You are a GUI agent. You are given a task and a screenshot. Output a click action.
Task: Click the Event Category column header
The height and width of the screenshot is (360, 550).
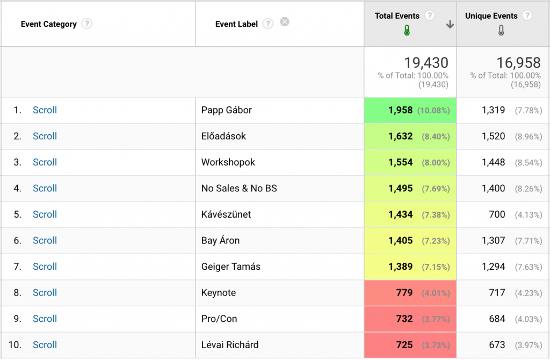pos(48,24)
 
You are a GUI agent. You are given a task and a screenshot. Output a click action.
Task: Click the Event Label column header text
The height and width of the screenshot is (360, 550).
pos(236,24)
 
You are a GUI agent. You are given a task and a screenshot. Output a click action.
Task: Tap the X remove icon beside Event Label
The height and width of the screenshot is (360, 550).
pos(285,22)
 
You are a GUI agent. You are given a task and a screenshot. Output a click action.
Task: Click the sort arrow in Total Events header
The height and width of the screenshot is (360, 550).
pos(450,25)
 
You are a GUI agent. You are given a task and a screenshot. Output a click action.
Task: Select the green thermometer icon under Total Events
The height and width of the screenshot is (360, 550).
pos(407,32)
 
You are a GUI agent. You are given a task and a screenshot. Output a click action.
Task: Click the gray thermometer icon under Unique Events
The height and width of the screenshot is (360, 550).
pos(501,32)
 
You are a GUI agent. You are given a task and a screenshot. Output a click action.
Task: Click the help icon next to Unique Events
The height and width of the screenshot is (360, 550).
pos(527,16)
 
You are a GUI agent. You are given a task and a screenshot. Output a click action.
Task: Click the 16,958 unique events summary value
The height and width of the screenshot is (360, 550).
pos(518,63)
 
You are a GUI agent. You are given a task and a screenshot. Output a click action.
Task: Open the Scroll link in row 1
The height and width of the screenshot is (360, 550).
pos(45,110)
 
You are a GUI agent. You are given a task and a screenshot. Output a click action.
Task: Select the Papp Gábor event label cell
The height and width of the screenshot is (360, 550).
pos(226,110)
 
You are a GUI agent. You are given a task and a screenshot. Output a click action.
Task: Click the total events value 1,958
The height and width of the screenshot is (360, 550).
pos(400,110)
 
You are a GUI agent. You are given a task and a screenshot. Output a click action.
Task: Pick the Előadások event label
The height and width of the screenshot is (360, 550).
pos(223,136)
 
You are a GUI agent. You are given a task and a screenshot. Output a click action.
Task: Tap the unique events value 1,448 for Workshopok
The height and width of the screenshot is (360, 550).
pos(493,162)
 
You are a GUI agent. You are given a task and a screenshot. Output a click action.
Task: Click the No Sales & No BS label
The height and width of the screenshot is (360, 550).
pos(239,189)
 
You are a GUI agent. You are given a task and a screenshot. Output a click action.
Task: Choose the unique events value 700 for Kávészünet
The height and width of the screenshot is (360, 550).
pos(497,214)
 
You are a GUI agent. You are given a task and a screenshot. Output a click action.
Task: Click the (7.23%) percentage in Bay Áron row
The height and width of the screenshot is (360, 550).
pos(436,241)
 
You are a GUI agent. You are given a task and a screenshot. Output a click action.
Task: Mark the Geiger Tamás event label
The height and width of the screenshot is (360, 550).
pos(230,267)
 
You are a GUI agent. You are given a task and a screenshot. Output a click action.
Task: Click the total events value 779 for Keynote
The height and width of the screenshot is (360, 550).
pos(404,293)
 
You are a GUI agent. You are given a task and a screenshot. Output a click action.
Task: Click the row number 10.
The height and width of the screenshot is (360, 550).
pos(15,345)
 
